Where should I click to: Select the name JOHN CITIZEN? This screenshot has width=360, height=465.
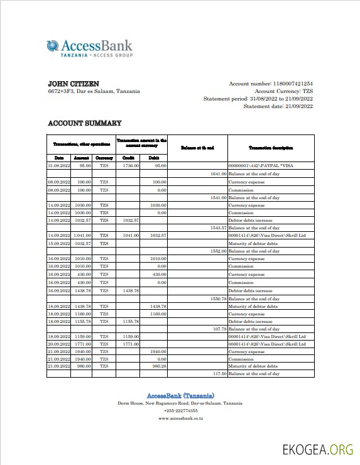point(74,84)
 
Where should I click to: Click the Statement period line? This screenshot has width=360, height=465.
point(258,99)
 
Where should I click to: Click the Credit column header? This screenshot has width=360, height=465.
point(129,158)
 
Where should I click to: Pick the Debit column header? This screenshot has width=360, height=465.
point(153,158)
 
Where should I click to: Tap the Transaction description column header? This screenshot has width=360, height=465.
point(270,148)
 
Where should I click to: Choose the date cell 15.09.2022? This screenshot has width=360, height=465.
point(59,243)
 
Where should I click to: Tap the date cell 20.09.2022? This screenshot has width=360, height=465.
point(59,344)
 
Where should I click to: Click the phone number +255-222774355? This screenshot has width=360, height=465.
point(180,410)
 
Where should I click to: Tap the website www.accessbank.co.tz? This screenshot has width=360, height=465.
point(180,418)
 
